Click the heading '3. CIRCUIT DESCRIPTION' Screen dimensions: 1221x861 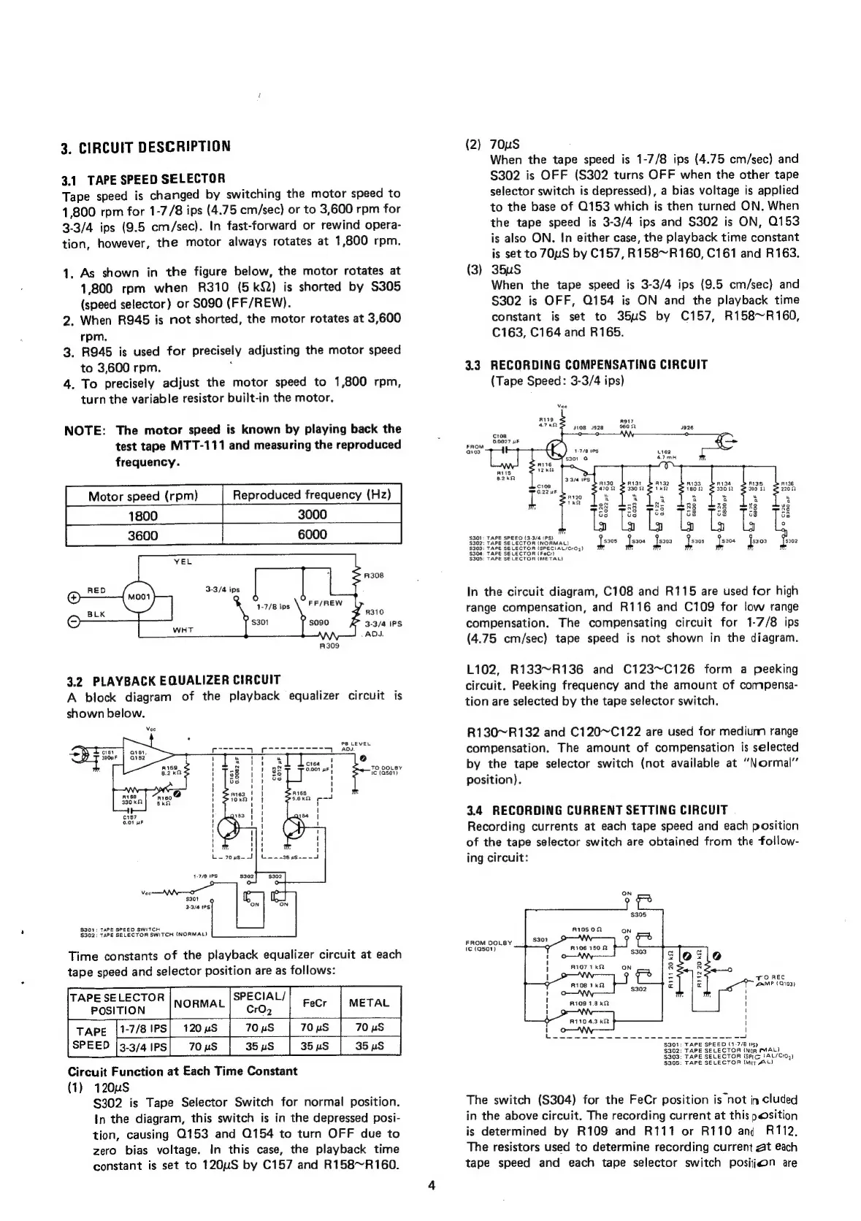[x=146, y=146]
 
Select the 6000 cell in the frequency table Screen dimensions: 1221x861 [x=312, y=535]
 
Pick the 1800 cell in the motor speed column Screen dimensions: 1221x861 [x=143, y=516]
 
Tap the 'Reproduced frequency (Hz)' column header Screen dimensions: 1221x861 [x=312, y=495]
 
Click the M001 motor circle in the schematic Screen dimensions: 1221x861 [x=139, y=597]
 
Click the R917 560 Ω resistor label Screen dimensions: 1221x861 [x=626, y=424]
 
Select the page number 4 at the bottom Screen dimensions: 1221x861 [x=431, y=1185]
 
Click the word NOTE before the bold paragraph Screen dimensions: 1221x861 [x=85, y=429]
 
